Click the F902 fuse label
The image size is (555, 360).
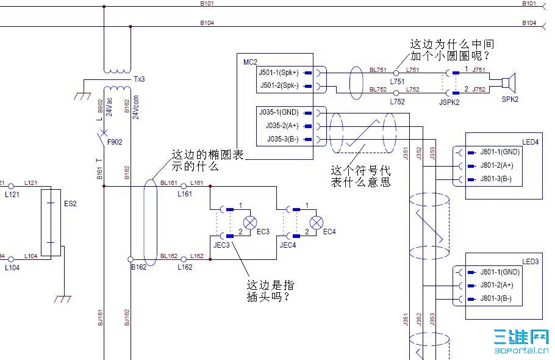point(115,142)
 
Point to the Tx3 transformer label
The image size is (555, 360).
point(139,80)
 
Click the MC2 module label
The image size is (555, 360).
point(250,62)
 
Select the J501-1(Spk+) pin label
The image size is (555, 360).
point(279,73)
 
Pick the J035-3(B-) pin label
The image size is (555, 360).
point(282,140)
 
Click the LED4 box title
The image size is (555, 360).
point(530,142)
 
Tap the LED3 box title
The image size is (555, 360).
point(530,262)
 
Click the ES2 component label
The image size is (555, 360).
point(70,204)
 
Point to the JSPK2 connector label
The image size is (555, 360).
point(449,102)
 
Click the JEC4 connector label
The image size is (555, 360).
point(287,245)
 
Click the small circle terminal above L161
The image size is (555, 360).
point(184,185)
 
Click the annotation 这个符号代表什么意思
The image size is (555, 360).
point(360,176)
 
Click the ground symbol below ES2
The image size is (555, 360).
point(63,298)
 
